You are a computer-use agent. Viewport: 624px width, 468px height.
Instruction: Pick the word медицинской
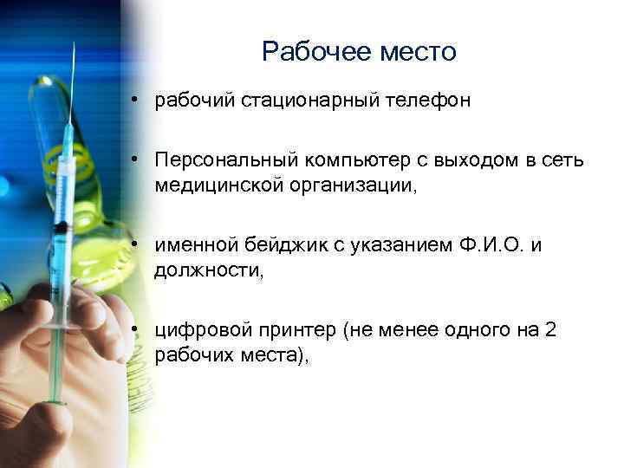pos(216,185)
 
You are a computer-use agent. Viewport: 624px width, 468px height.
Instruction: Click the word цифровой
pos(198,330)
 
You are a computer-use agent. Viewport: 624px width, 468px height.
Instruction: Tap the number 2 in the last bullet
pos(551,330)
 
